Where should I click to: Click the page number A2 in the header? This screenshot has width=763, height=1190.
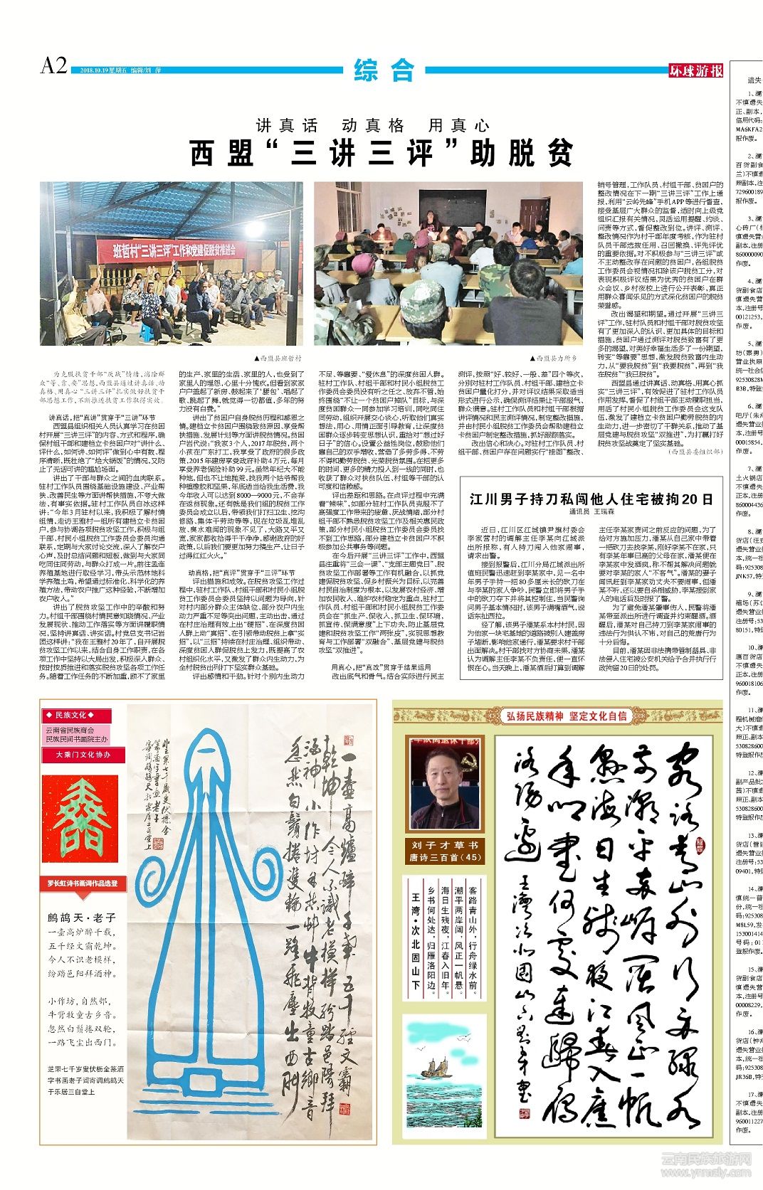click(x=54, y=66)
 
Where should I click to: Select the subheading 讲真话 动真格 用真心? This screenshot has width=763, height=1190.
click(x=373, y=126)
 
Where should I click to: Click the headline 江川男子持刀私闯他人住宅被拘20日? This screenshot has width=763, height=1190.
click(x=591, y=499)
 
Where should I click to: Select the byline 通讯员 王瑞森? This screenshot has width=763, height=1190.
click(x=591, y=512)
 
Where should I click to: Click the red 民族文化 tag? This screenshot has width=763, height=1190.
click(x=69, y=715)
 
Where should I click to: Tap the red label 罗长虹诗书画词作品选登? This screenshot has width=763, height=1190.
click(x=83, y=883)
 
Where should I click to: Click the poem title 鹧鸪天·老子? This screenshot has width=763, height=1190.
click(x=82, y=918)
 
